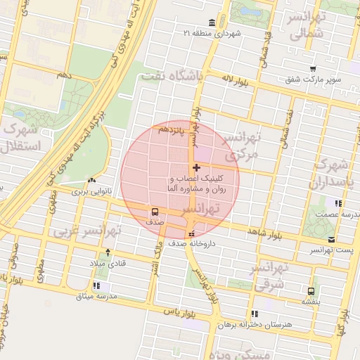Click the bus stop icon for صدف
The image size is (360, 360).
[x=154, y=210]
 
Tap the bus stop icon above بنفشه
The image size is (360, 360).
[x=311, y=290]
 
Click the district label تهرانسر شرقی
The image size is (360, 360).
[x=269, y=278]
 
